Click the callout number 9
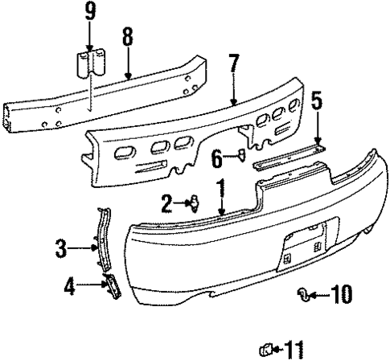[90, 12]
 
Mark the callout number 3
[61, 249]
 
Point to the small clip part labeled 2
[193, 203]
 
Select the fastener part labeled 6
[241, 156]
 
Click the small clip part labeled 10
[303, 294]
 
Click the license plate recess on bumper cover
[304, 246]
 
